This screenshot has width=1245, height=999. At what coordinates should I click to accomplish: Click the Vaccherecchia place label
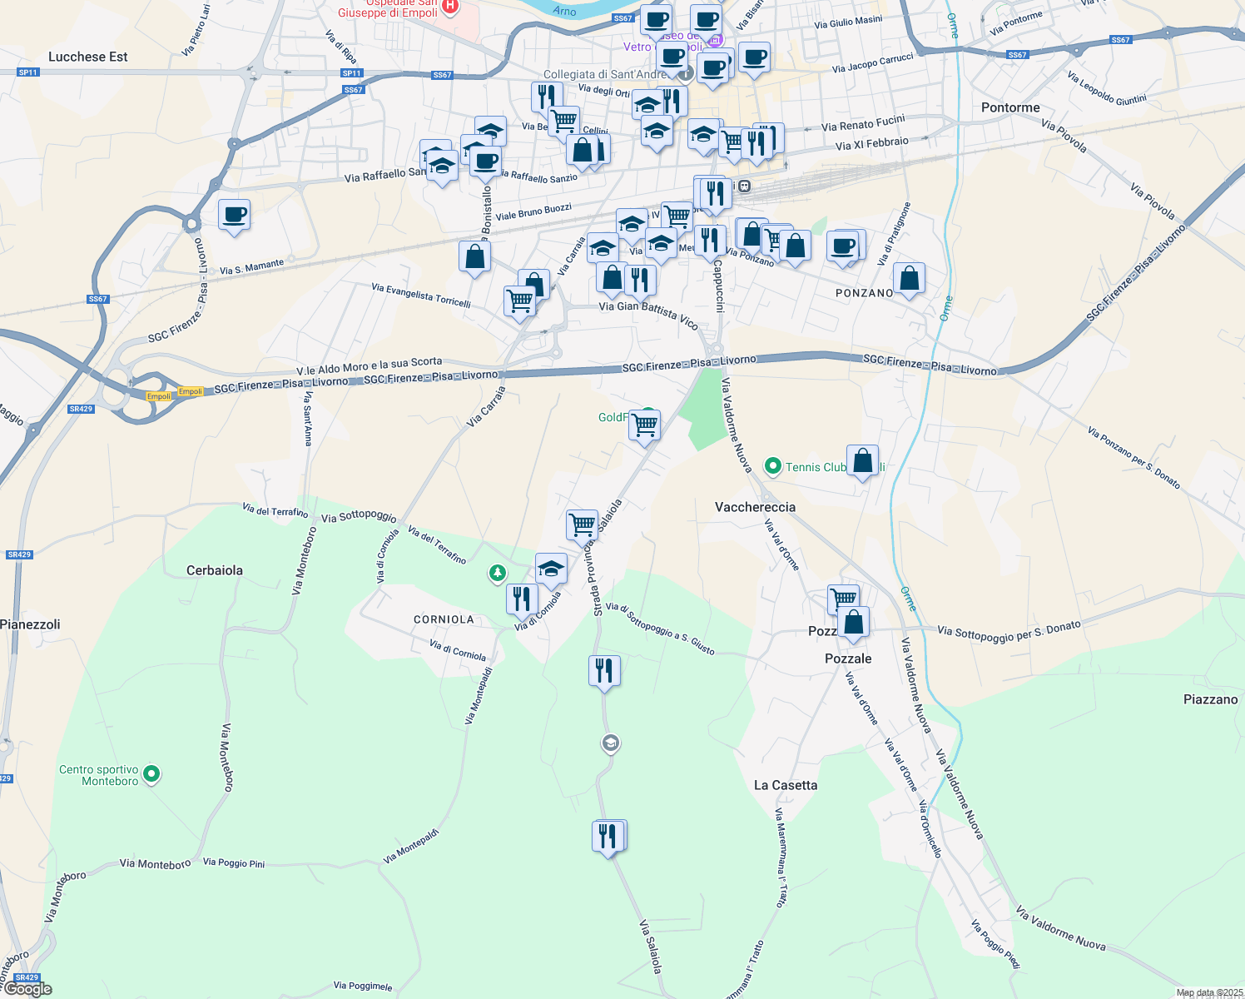tap(755, 507)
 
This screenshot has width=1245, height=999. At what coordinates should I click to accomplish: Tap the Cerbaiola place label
tap(215, 570)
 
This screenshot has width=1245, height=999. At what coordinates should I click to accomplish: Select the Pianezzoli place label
tap(31, 624)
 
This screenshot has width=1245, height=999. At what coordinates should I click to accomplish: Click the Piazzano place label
tap(1210, 699)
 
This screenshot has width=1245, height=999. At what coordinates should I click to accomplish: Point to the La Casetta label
tap(785, 785)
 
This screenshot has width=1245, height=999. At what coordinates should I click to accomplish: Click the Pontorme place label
tap(1010, 107)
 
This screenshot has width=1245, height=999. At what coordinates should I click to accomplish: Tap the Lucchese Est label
tap(88, 57)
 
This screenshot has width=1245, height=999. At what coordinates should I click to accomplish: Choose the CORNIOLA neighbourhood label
tap(444, 619)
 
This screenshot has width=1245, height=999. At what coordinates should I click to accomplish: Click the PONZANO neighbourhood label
tap(864, 293)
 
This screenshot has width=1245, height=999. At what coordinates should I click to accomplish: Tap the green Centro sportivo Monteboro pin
tap(151, 774)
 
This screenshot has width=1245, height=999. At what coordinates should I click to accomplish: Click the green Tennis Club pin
tap(773, 467)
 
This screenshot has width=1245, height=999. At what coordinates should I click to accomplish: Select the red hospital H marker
tap(450, 7)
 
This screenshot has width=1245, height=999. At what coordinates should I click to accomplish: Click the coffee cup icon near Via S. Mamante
tap(234, 215)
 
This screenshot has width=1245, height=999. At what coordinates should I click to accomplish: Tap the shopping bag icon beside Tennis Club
tap(864, 460)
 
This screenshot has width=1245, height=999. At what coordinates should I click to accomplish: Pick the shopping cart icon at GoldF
tap(645, 425)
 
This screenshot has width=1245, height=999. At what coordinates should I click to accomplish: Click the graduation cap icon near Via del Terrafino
tap(550, 569)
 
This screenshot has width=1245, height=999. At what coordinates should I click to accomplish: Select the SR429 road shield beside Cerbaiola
tap(18, 554)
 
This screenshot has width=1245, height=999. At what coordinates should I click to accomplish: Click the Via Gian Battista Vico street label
tap(648, 315)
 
